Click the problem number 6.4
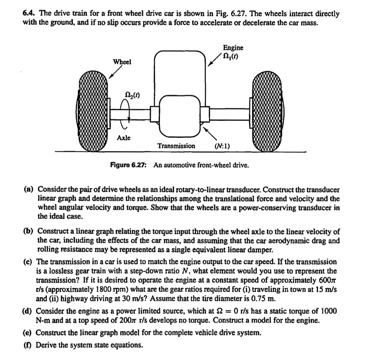[29, 14]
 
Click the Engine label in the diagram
[233, 48]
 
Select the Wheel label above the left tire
[122, 62]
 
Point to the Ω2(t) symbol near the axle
[132, 95]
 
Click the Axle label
[124, 137]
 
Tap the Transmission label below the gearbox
[176, 146]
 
